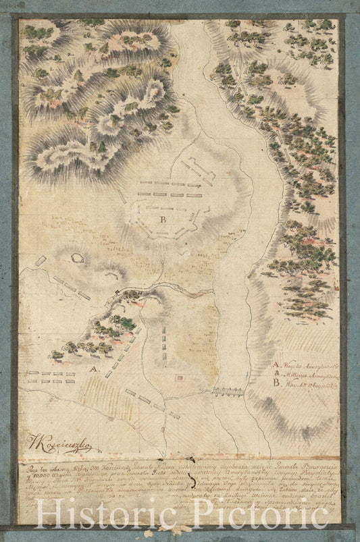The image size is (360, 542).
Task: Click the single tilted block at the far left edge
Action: click(x=41, y=261)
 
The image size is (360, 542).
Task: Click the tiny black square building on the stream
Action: click(x=117, y=291)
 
